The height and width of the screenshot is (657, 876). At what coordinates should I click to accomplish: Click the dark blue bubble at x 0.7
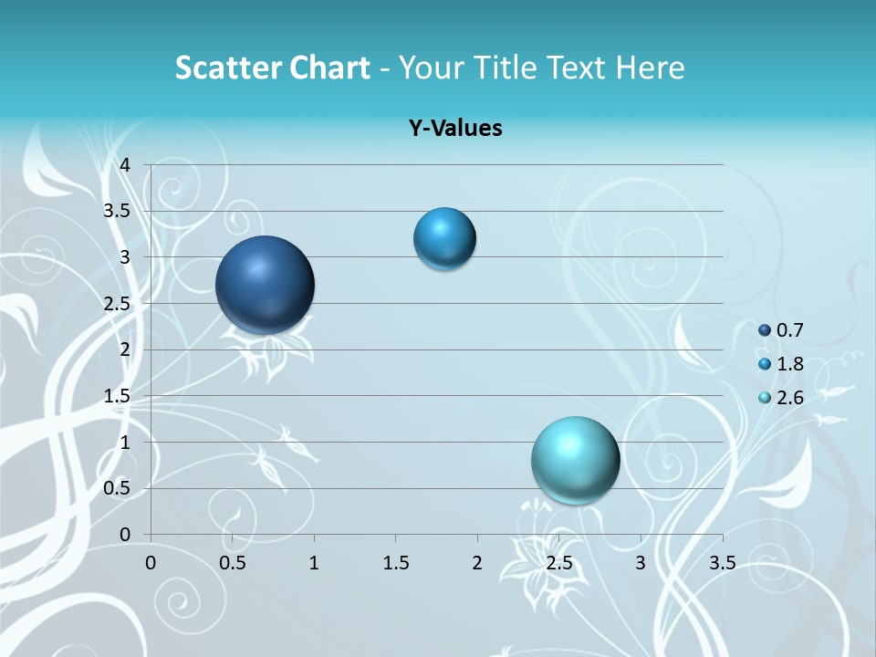point(266,285)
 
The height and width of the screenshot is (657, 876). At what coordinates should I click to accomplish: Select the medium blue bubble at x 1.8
point(444,238)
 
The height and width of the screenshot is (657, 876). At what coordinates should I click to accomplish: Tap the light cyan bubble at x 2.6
point(575,460)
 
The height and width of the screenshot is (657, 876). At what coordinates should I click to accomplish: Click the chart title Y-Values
point(455,129)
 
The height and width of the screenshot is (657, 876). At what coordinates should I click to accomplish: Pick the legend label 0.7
point(789,330)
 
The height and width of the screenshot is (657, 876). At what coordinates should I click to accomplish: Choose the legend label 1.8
point(789,364)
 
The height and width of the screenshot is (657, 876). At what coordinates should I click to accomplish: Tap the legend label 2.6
point(789,398)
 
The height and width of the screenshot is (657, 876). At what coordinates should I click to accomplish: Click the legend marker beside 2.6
point(765,398)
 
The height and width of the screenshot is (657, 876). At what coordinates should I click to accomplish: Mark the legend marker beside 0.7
point(765,330)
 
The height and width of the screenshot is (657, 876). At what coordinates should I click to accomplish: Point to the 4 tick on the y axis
point(126,165)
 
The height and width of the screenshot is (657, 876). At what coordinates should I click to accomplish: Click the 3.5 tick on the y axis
point(118,211)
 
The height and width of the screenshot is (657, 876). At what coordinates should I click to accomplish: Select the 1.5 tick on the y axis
point(118,396)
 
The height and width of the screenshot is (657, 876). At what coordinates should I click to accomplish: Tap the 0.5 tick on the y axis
point(118,488)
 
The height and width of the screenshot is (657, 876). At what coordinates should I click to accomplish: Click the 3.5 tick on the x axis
point(722,563)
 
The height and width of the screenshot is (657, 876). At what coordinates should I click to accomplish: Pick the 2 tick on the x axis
point(477,563)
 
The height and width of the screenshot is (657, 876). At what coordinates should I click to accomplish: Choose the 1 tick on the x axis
point(314,563)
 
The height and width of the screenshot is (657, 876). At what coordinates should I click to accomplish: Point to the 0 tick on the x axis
point(151,563)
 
